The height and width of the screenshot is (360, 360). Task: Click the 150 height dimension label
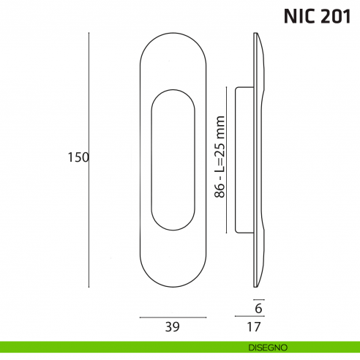(78, 157)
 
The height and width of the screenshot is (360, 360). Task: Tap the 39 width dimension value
(173, 326)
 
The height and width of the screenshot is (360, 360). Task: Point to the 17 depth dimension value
(254, 326)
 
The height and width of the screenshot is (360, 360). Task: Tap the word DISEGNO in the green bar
(261, 346)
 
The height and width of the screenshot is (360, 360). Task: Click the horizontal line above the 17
(249, 317)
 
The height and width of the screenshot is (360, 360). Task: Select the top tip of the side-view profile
(256, 35)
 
